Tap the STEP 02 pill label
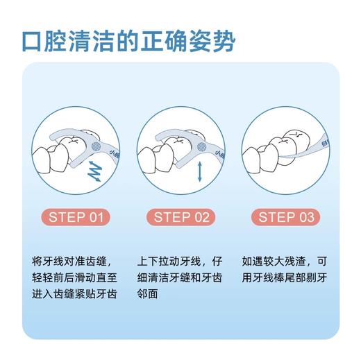(181, 217)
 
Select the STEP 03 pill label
(286, 217)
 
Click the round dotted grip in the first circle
(96, 146)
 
